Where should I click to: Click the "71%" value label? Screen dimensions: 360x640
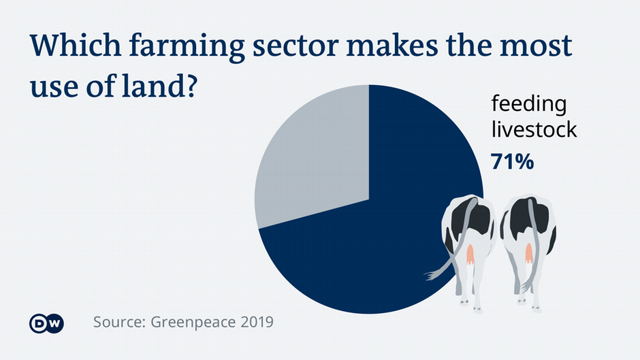pyautogui.click(x=513, y=161)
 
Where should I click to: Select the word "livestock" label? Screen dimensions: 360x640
pyautogui.click(x=534, y=129)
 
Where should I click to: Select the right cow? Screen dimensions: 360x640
pyautogui.click(x=528, y=245)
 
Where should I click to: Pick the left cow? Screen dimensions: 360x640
pyautogui.click(x=468, y=245)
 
